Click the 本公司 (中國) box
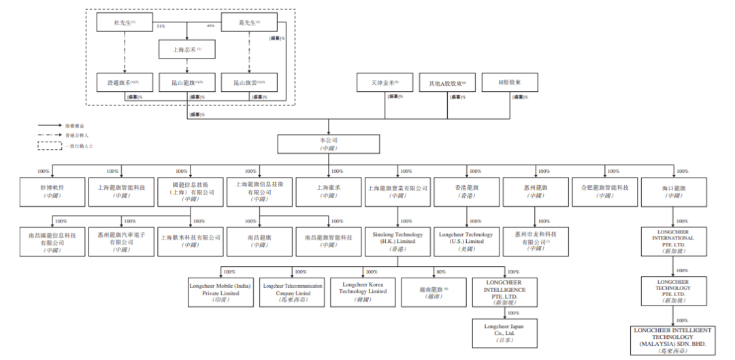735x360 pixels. coord(329,144)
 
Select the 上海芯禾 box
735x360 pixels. coord(186,50)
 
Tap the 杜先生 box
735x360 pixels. coord(125,23)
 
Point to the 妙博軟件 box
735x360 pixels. coord(52,191)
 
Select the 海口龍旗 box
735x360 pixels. coord(674,191)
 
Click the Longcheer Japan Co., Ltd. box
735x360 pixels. coord(504,333)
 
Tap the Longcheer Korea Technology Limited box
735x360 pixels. coord(364,288)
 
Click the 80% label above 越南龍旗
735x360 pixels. coord(442,272)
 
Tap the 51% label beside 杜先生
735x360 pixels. coord(161,27)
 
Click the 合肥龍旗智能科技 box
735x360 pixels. coord(604,191)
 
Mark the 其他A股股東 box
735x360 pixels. coord(447,83)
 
